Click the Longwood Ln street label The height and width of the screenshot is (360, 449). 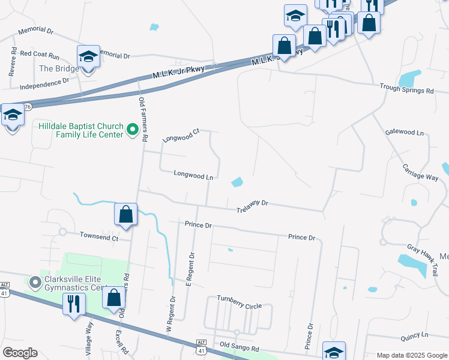193,176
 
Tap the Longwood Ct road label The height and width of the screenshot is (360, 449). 181,136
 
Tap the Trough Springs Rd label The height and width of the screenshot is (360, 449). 406,91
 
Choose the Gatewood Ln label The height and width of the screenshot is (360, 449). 404,132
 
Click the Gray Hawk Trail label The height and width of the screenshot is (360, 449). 421,260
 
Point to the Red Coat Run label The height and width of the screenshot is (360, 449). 40,55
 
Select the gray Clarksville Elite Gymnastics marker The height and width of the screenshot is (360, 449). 35,281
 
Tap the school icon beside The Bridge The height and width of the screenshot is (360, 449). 88,57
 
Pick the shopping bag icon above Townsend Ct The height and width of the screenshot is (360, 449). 126,214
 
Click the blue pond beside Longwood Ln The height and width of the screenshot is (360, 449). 237,181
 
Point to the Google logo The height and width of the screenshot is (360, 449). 20,352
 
